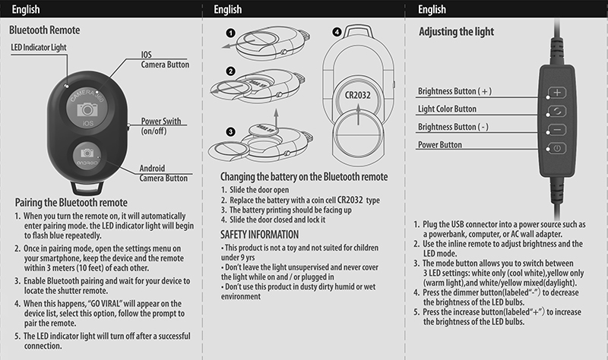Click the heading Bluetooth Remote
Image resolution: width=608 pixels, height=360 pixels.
click(x=45, y=31)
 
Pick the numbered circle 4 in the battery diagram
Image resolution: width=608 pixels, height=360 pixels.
click(x=337, y=33)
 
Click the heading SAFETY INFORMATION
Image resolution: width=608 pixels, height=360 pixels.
click(x=259, y=234)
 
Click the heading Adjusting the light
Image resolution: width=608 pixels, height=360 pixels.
click(x=457, y=32)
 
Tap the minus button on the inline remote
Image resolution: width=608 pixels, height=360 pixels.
click(x=557, y=129)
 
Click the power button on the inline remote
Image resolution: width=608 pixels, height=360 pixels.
click(x=557, y=148)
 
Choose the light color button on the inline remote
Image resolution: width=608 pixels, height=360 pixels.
click(x=557, y=110)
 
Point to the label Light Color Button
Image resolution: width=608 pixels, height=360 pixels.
click(x=448, y=109)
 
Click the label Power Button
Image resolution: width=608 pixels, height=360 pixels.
click(x=440, y=144)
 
